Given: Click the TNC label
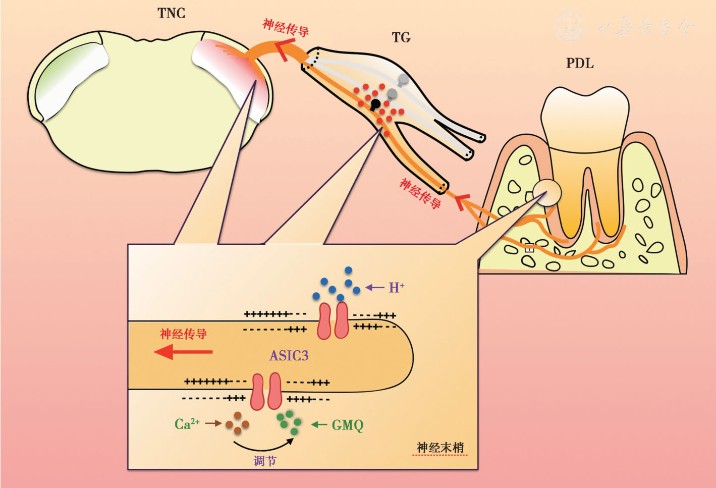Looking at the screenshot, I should click(171, 13).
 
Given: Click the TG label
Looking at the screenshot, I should click(401, 37).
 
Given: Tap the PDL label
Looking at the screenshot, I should click(580, 64).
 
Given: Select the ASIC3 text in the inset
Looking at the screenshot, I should click(289, 356).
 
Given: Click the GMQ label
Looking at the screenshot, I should click(348, 425).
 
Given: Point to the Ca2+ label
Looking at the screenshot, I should click(187, 424).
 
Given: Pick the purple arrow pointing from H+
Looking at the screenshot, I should click(375, 288).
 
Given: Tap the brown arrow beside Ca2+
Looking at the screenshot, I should click(214, 423).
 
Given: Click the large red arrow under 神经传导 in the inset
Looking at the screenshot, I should click(183, 352).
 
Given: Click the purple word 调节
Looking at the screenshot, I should click(265, 461).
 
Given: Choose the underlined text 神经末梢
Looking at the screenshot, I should click(440, 448).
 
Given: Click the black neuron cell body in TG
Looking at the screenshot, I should click(375, 104).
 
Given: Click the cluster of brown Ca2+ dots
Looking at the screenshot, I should click(237, 422).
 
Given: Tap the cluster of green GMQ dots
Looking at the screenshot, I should click(290, 422).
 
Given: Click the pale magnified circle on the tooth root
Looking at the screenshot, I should click(547, 192).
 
